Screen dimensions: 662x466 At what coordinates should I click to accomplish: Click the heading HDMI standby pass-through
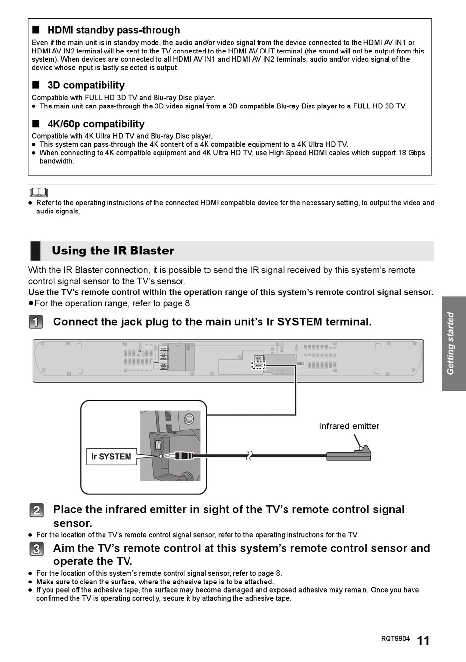[113, 30]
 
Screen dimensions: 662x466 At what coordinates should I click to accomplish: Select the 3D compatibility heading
[86, 85]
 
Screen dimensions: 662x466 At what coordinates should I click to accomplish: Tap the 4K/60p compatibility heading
[96, 124]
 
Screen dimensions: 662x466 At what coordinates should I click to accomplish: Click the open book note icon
[39, 192]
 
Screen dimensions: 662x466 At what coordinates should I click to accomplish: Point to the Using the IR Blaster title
[113, 251]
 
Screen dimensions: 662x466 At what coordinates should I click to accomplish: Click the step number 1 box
[36, 322]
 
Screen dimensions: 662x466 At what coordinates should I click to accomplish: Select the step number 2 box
[36, 510]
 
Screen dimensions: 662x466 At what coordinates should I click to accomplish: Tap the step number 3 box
[36, 549]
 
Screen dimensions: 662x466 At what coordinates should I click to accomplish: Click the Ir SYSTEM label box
[111, 456]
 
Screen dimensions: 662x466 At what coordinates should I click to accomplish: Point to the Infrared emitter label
[349, 426]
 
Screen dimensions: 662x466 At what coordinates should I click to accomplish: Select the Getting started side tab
[454, 344]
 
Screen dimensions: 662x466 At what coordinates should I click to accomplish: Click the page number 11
[423, 640]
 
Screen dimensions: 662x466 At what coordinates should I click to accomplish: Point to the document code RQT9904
[395, 639]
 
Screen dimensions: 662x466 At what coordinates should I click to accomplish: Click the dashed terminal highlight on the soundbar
[258, 365]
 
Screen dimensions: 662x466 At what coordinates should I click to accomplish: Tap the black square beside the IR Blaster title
[35, 251]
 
